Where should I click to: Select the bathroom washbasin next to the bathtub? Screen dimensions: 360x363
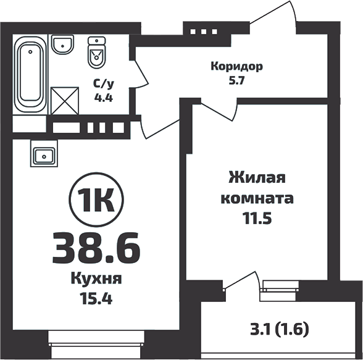[x=63, y=44]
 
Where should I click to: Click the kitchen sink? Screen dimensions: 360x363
[x=43, y=154]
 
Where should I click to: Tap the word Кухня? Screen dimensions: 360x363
[x=96, y=278]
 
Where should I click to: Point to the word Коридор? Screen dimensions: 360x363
[x=237, y=66]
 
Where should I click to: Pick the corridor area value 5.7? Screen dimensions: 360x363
[x=237, y=81]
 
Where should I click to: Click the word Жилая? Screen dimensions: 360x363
[x=257, y=179]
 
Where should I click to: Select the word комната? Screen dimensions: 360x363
[x=257, y=199]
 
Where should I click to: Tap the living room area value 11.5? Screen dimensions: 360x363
[x=257, y=219]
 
